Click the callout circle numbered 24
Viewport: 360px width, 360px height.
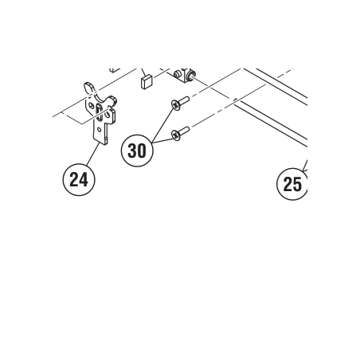coord(79,180)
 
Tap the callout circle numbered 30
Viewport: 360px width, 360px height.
coord(137,151)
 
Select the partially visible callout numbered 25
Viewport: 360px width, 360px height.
coord(292,184)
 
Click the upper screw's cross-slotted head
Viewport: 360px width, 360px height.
coord(175,104)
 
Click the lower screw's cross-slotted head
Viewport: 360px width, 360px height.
coord(176,135)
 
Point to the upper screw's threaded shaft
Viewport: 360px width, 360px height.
coord(184,100)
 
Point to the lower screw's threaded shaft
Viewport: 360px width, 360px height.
coord(185,131)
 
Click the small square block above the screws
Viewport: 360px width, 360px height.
coord(147,82)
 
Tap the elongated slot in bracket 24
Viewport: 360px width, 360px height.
coord(100,112)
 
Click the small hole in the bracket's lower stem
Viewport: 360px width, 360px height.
coord(99,130)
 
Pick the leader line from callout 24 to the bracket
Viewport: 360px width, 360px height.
coord(93,154)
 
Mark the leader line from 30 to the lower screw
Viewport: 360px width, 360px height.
coord(162,141)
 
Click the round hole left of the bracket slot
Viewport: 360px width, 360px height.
coord(92,106)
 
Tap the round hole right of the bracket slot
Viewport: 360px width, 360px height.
coord(108,115)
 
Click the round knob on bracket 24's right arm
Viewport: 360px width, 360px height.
coord(114,100)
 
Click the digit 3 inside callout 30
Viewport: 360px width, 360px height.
coord(132,151)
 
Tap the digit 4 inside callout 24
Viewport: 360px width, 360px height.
coord(84,180)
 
